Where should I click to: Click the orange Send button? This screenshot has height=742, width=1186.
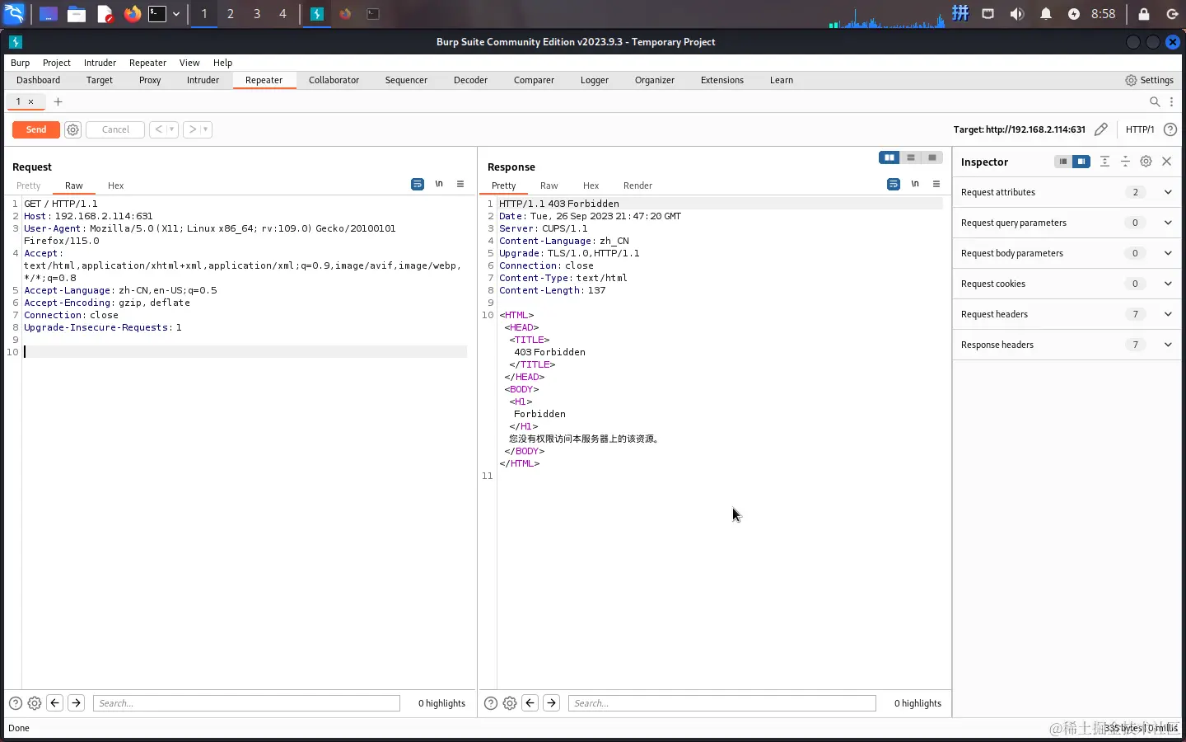click(x=36, y=129)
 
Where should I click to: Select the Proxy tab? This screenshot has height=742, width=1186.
click(x=150, y=80)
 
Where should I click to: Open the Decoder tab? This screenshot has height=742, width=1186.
click(x=470, y=80)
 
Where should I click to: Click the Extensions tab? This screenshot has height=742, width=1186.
click(x=721, y=80)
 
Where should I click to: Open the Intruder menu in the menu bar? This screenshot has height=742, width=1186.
click(x=100, y=63)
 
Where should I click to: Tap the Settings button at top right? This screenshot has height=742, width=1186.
click(x=1149, y=80)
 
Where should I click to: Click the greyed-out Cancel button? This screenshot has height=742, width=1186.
click(x=115, y=129)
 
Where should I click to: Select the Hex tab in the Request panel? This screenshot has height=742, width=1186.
click(x=115, y=185)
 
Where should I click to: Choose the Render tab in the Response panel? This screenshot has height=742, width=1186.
click(x=637, y=185)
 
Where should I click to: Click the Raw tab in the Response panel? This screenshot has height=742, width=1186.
click(x=549, y=185)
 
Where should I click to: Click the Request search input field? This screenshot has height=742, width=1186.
click(x=246, y=703)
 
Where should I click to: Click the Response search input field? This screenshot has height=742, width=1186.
click(x=721, y=703)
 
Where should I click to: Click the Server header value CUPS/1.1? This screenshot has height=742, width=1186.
click(x=565, y=228)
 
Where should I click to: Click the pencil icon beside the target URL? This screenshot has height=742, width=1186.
click(x=1101, y=129)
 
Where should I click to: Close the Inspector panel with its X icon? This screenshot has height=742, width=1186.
click(x=1166, y=162)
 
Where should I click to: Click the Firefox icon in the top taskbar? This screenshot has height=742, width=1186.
click(x=132, y=14)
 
